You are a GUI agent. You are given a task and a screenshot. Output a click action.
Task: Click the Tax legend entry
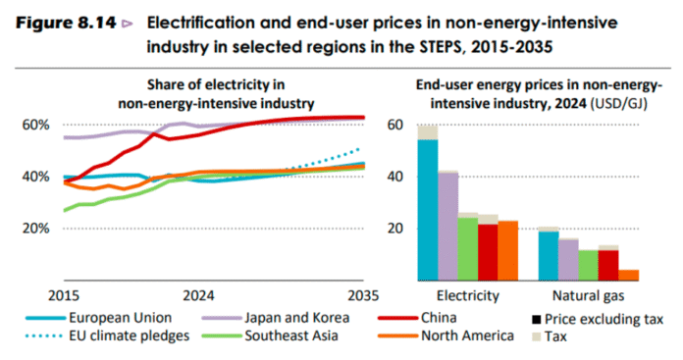pos(555,336)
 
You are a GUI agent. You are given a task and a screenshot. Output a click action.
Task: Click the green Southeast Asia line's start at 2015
pos(64,210)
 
